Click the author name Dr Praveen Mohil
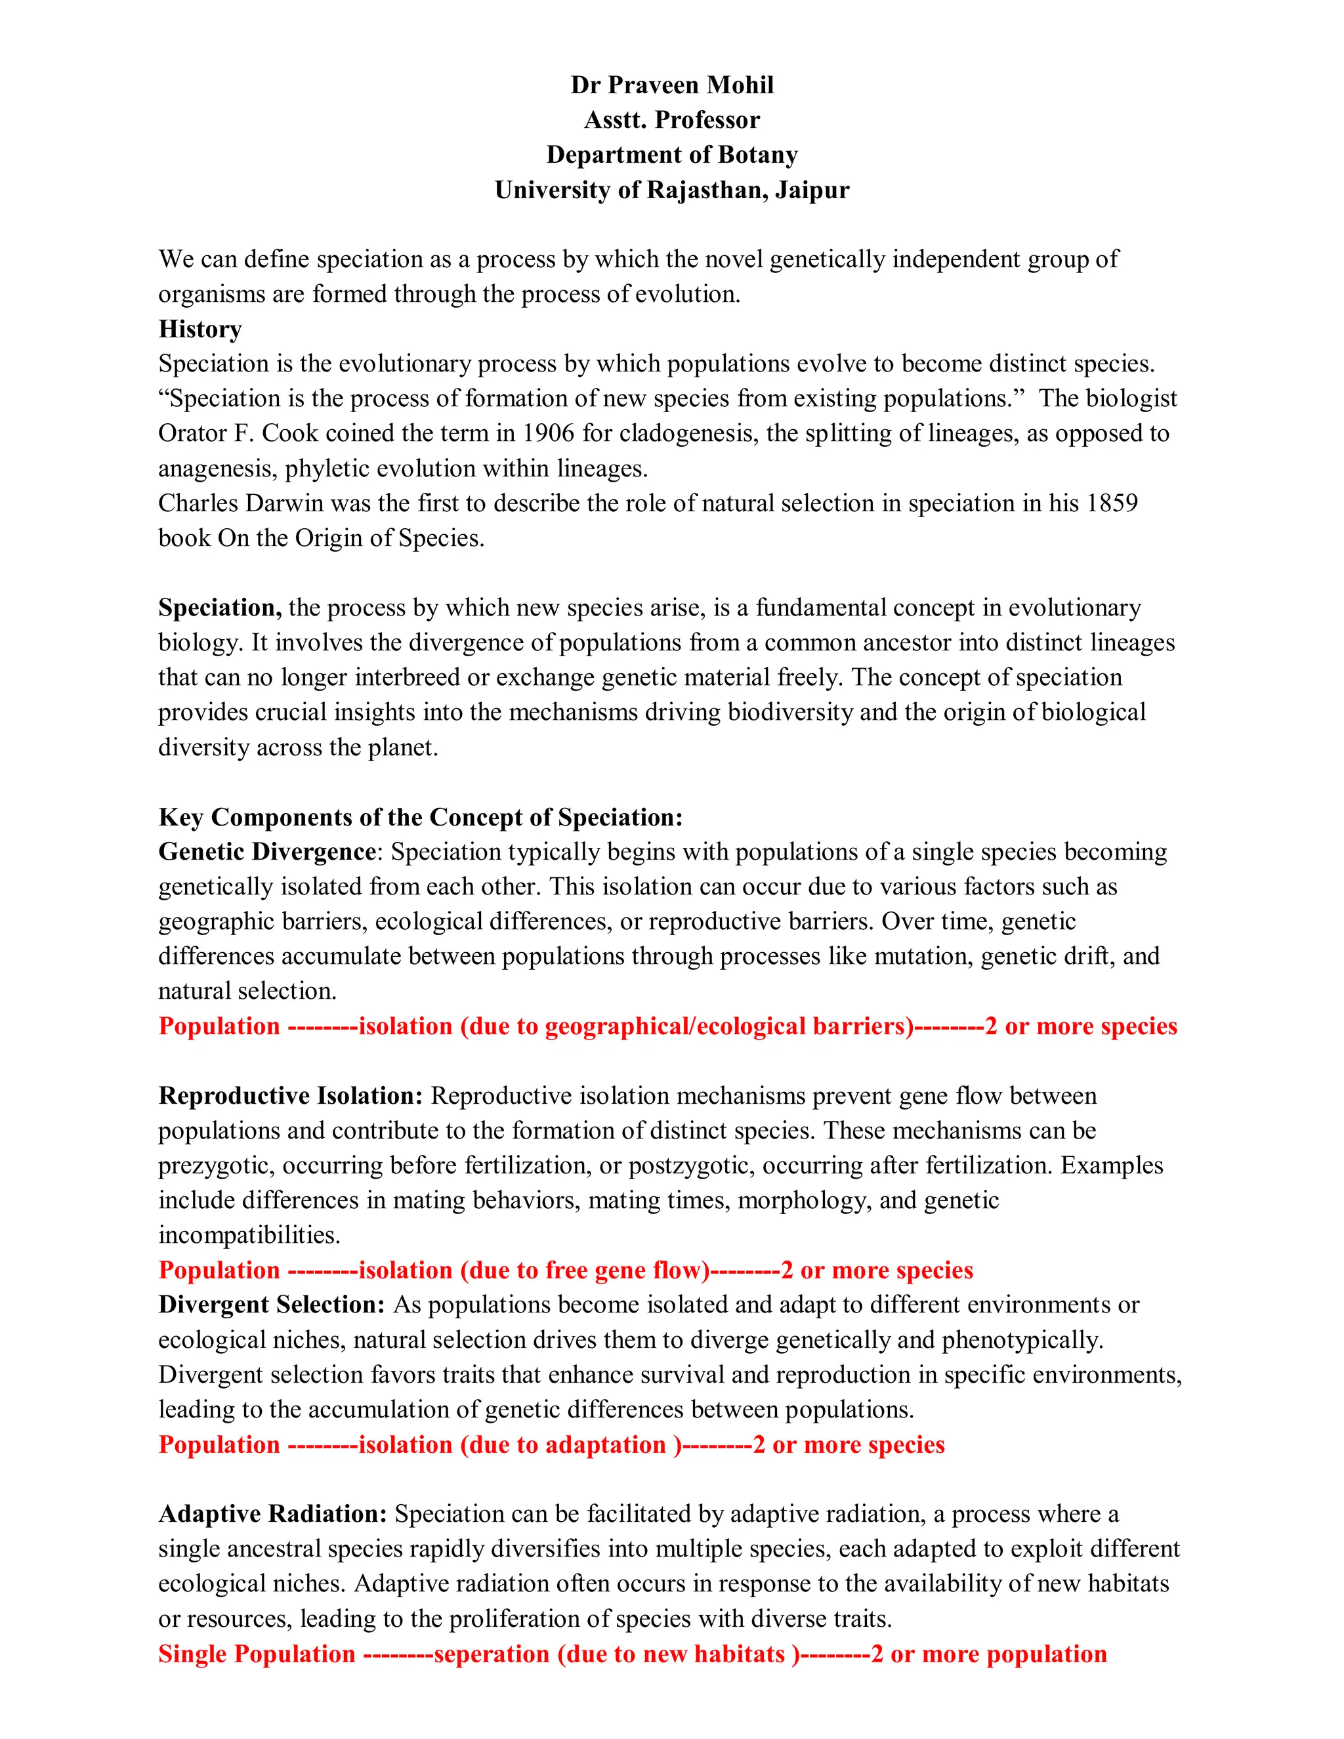pos(671,85)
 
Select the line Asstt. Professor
pos(671,119)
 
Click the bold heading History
pos(200,329)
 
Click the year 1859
pos(1112,503)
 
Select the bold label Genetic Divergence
pos(266,852)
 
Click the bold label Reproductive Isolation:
pos(291,1096)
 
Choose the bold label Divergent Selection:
pos(272,1305)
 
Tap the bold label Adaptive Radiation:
pos(272,1514)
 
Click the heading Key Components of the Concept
pos(421,817)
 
